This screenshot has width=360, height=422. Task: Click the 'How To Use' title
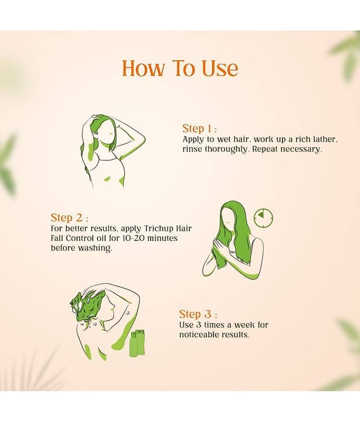pos(180,68)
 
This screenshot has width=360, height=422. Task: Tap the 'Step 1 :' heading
pos(199,129)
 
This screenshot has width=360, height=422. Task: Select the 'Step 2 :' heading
pos(70,217)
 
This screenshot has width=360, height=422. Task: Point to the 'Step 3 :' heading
pos(198,314)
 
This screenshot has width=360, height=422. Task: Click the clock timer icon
pos(264,217)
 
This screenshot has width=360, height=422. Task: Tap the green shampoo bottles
pos(138,343)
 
